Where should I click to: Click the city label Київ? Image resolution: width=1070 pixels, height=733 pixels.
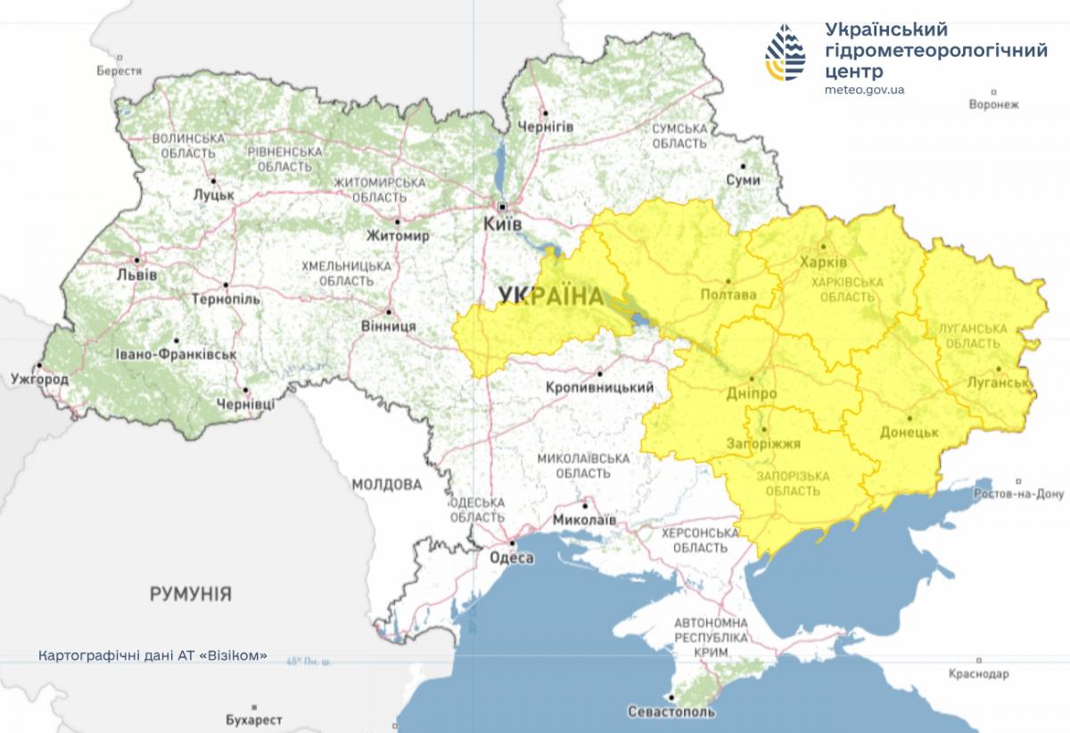501,224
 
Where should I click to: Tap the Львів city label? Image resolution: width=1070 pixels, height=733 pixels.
136,275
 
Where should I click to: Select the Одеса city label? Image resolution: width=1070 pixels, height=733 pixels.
512,557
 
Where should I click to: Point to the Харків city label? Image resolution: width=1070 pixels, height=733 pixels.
824,264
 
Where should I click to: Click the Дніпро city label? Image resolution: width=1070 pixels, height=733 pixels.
751,394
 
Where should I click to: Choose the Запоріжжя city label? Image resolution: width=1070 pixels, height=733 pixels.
763,443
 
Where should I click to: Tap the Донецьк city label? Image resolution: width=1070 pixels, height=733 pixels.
909,432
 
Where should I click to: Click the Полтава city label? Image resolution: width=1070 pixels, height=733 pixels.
728,295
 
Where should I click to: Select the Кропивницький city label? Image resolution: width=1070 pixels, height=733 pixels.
598,387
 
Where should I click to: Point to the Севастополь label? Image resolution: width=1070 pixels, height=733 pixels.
671,712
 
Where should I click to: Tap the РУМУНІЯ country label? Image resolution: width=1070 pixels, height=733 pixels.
190,593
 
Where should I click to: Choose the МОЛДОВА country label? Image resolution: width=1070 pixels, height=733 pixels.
386,485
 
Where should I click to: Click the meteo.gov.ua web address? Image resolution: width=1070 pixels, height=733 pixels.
865,89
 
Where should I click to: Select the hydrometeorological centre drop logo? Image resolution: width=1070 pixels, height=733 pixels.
785,51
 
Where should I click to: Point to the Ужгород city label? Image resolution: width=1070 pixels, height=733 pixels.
39,380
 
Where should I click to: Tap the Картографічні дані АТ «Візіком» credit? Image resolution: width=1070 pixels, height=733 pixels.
152,655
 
